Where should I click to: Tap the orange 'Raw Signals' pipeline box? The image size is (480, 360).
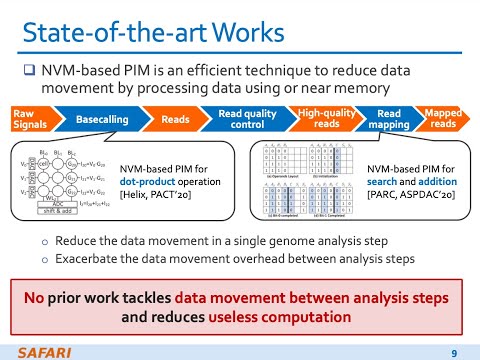click(x=22, y=121)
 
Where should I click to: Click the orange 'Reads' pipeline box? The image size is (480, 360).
click(x=177, y=121)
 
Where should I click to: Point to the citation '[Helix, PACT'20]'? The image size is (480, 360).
click(x=158, y=197)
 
